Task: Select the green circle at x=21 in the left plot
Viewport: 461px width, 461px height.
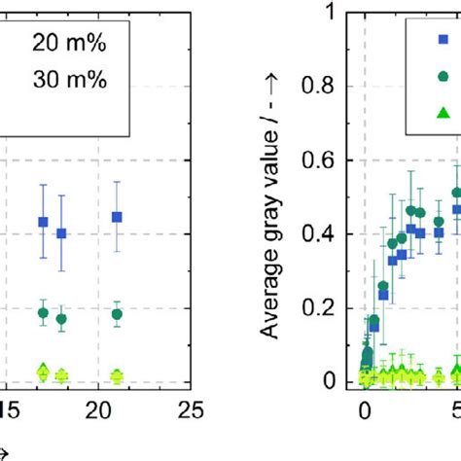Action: tap(117, 314)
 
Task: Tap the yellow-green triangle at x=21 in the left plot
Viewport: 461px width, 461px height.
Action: tap(117, 374)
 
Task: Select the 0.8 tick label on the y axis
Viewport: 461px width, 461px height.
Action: tap(329, 87)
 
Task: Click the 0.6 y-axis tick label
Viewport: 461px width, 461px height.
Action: tap(329, 160)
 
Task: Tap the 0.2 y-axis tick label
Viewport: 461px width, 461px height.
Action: tap(329, 308)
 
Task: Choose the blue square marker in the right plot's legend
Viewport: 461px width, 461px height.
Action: tap(443, 40)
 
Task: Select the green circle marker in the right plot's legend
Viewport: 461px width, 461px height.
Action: tap(443, 77)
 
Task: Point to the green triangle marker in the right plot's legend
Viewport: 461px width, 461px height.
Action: tap(443, 113)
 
